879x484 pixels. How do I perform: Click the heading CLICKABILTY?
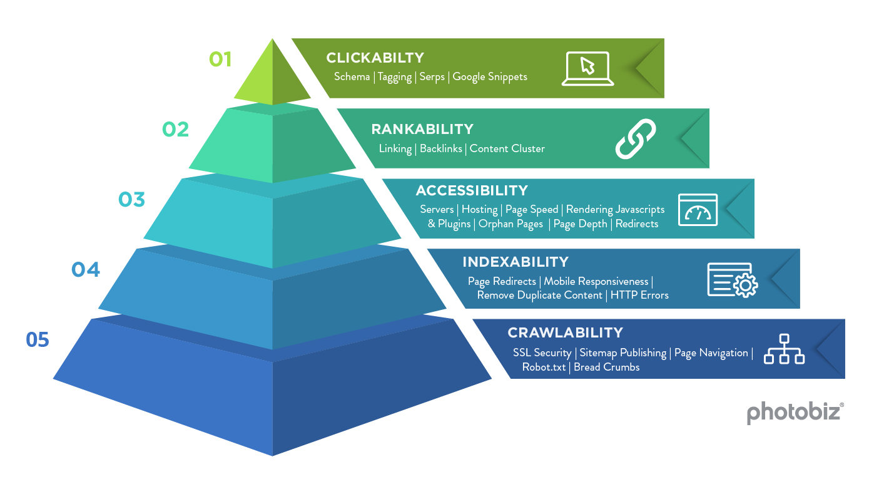(375, 58)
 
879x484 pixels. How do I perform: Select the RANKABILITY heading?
(422, 129)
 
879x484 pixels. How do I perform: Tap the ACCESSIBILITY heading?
(472, 190)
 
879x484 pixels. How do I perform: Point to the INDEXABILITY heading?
(515, 262)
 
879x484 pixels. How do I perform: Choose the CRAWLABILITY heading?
(565, 332)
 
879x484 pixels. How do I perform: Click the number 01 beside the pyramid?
(220, 59)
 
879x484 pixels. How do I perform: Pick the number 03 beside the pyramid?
(131, 200)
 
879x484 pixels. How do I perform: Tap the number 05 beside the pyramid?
(38, 340)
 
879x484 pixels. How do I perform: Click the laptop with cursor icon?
(587, 68)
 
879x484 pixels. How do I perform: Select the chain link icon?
(635, 138)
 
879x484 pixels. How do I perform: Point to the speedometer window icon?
(698, 210)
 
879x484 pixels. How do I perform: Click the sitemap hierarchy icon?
(784, 349)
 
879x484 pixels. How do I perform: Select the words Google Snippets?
(490, 76)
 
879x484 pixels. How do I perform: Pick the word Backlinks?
(440, 148)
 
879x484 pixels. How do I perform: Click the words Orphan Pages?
(511, 224)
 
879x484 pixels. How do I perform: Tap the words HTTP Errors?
(639, 295)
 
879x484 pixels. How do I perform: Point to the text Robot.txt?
(544, 367)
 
